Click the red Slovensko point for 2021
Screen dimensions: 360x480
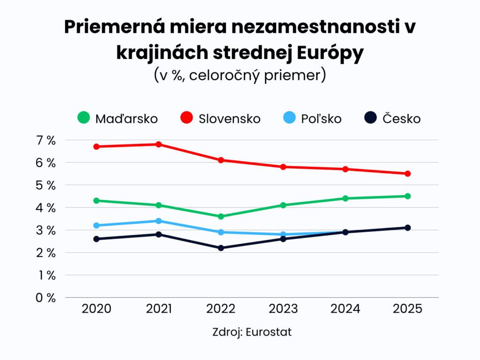point(158,144)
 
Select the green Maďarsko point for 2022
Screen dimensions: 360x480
point(221,216)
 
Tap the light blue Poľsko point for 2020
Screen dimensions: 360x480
point(96,225)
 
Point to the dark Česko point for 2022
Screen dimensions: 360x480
point(221,247)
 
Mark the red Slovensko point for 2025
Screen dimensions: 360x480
point(407,173)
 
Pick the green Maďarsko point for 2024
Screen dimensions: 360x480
point(345,198)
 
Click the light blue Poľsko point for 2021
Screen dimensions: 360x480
point(158,221)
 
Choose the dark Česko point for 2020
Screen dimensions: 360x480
point(96,239)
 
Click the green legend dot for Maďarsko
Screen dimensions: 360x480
point(83,118)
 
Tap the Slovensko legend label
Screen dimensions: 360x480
point(229,119)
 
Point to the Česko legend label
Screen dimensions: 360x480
point(401,119)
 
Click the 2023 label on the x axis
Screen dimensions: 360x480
point(283,309)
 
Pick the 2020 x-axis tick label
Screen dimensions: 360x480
point(96,309)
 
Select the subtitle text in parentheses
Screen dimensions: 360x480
point(240,75)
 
